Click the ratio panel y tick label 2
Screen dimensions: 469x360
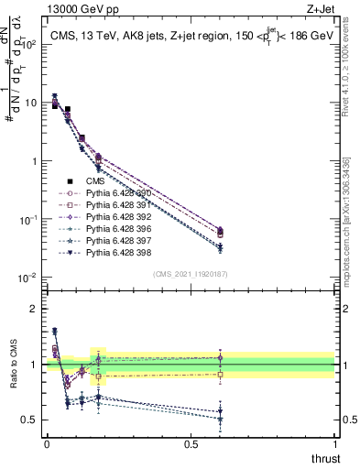click(x=33, y=309)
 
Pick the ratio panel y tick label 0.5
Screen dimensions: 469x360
click(x=30, y=420)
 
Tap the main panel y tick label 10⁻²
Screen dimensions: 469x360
click(x=27, y=278)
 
